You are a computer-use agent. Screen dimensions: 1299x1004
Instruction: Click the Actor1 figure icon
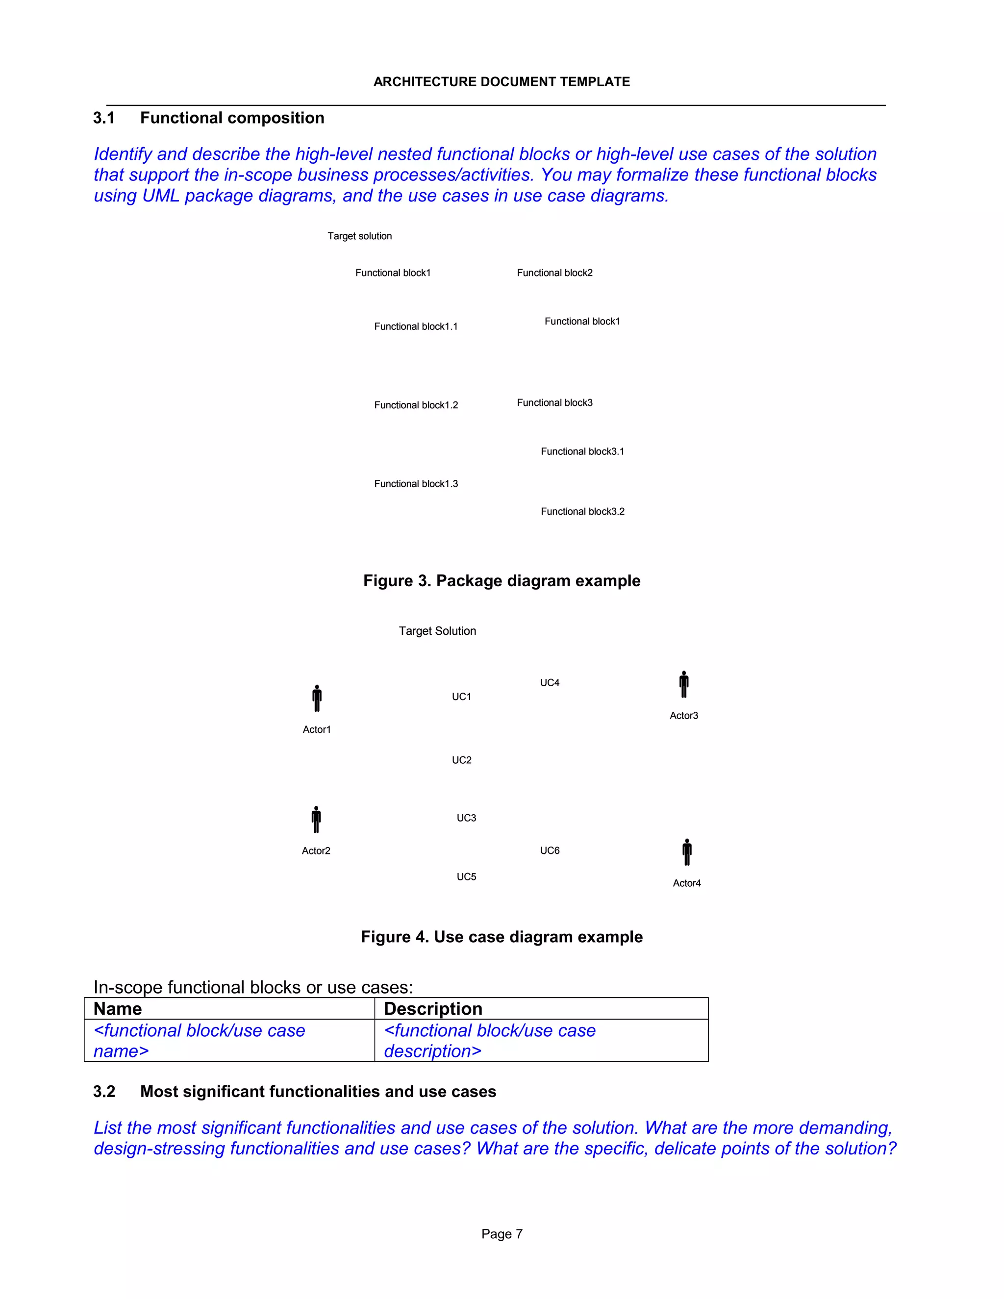coord(317,698)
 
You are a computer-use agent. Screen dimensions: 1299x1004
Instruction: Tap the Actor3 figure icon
coord(684,685)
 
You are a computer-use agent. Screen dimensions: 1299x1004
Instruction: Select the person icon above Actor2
coord(316,820)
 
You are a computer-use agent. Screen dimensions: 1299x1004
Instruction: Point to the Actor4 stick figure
coord(687,852)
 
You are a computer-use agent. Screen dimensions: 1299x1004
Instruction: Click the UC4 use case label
coord(550,683)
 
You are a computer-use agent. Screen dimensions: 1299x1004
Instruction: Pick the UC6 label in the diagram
coord(550,850)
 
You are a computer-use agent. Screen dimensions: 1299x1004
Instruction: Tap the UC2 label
coord(461,760)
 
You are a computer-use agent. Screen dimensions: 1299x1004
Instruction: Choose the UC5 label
coord(466,877)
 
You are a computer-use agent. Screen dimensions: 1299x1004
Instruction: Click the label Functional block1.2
coord(416,405)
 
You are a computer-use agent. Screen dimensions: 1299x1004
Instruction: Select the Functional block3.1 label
coord(582,451)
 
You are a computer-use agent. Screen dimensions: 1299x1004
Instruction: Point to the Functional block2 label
coord(554,273)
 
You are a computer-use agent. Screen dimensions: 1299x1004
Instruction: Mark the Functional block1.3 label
coord(416,483)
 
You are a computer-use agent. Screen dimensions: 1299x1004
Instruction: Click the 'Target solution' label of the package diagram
coord(359,236)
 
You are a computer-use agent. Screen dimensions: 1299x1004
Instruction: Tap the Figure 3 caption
coord(502,580)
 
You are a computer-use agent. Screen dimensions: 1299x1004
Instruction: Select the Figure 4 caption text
coord(502,937)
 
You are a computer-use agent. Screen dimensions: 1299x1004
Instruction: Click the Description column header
coord(433,1009)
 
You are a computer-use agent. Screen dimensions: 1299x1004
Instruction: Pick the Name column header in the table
coord(118,1009)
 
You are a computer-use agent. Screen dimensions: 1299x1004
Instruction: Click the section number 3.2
coord(104,1092)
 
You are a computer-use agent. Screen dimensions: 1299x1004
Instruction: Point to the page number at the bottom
coord(502,1234)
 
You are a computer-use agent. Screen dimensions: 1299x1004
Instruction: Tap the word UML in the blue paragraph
coord(161,196)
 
